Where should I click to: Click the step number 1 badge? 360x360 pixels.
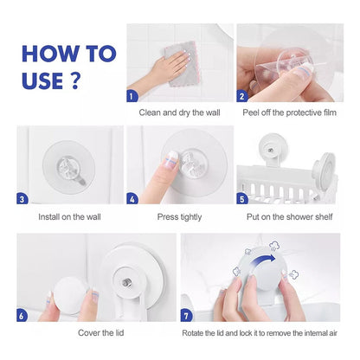(x=132, y=96)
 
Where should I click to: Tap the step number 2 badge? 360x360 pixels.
(x=242, y=96)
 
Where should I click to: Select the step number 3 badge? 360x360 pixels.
(x=22, y=199)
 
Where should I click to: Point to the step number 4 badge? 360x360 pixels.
(x=132, y=199)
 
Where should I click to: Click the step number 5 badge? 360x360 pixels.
(x=242, y=199)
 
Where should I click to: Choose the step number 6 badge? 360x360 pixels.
(x=22, y=316)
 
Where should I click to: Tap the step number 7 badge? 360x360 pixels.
(x=186, y=316)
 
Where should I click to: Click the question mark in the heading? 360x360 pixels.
(x=75, y=80)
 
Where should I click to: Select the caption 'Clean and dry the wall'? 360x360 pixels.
(x=179, y=112)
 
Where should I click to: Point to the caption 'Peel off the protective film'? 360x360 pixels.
(x=290, y=112)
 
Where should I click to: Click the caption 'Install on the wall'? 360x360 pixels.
(x=69, y=216)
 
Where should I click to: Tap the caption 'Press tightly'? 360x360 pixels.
(x=179, y=217)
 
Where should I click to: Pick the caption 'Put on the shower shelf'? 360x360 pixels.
(x=290, y=216)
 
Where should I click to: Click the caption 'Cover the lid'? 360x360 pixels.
(x=101, y=333)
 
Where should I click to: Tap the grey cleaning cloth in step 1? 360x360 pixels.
(x=183, y=64)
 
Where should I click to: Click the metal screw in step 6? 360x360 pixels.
(x=126, y=283)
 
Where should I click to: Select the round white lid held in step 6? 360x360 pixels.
(x=69, y=295)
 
